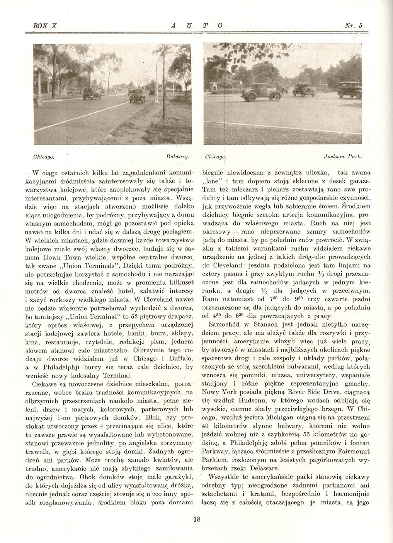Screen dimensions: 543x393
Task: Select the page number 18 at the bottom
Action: (x=196, y=519)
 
